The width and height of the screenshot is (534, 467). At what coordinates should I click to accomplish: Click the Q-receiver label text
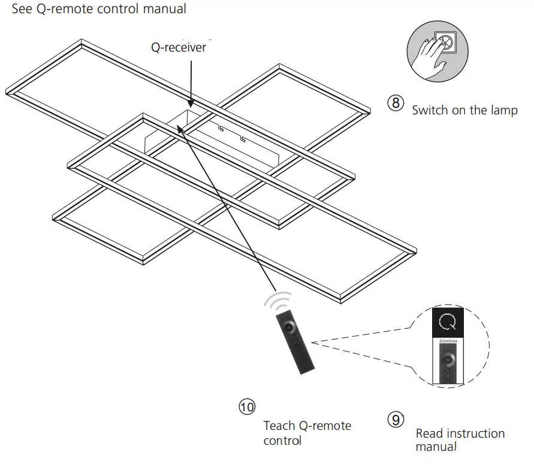[178, 47]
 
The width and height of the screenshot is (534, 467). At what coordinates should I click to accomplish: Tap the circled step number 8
[396, 102]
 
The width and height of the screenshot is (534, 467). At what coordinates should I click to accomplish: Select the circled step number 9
[396, 420]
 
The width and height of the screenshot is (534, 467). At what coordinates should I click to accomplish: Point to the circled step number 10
[247, 407]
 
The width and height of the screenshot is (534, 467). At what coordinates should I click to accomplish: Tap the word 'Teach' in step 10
[279, 426]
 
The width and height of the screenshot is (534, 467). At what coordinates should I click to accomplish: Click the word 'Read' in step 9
[430, 433]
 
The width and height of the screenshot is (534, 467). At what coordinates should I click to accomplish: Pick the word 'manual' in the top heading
[165, 9]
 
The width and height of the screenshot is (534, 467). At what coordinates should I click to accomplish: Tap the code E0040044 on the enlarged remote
[448, 341]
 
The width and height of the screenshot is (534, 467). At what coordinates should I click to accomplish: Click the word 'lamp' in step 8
[503, 111]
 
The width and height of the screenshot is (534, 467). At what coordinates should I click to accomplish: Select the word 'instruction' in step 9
[476, 433]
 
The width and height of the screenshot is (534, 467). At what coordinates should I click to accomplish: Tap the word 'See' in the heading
[22, 9]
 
